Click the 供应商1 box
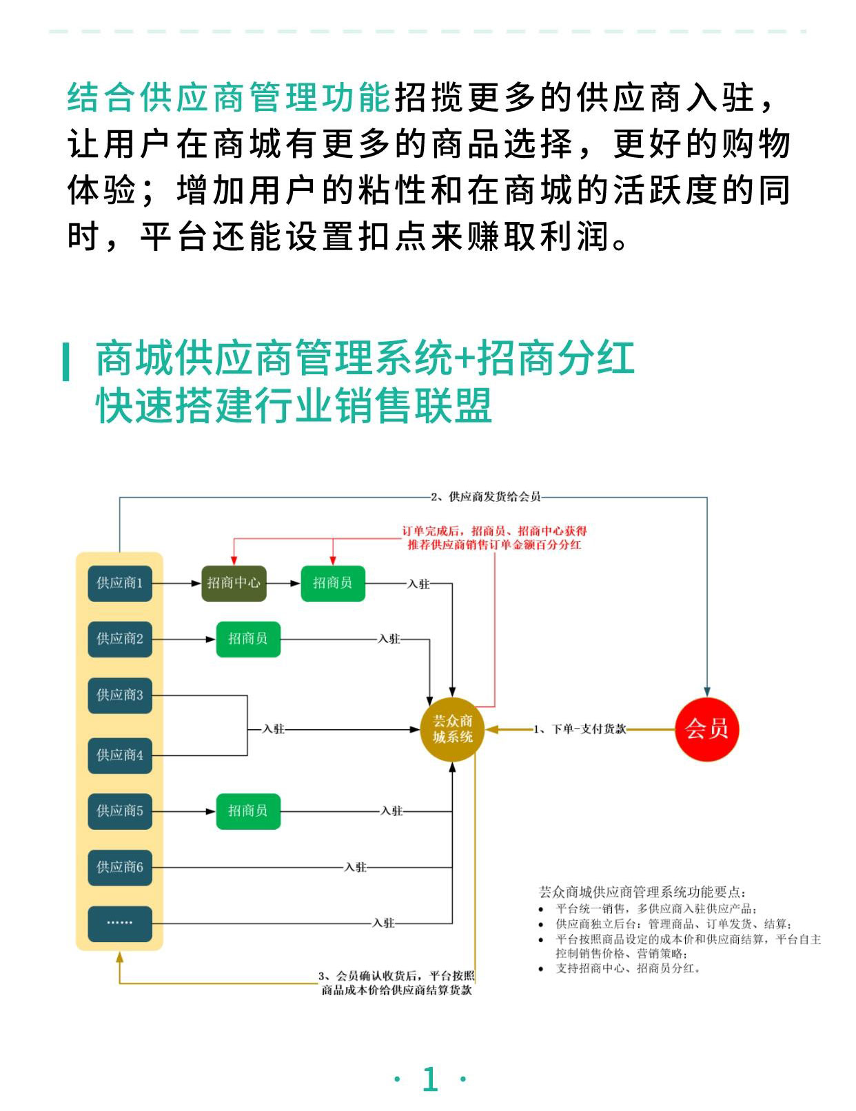tap(120, 583)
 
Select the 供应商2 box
tap(120, 639)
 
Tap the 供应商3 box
tap(120, 695)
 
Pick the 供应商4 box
tap(120, 755)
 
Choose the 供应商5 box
tap(120, 811)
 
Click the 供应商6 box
tap(120, 867)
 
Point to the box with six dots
tap(120, 924)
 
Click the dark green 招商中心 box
tap(234, 583)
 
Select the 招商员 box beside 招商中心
tap(333, 583)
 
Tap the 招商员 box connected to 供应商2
tap(248, 639)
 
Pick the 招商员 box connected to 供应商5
tap(248, 811)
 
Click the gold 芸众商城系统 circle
tap(452, 729)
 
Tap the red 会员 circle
tap(706, 728)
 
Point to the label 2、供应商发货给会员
tap(486, 497)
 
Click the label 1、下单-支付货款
tap(580, 729)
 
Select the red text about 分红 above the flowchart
tap(494, 538)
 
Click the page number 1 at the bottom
tap(430, 1079)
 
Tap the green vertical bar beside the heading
tap(66, 361)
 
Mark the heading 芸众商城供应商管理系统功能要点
tap(642, 892)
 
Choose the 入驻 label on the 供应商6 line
tap(356, 867)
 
